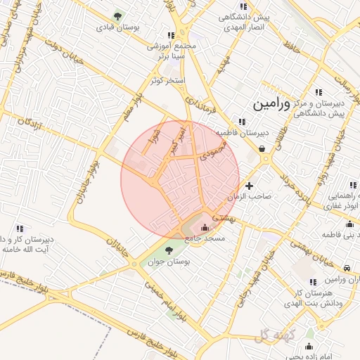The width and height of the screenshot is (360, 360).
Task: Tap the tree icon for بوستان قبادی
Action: (x=117, y=15)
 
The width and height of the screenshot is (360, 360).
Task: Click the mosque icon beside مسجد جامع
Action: (x=205, y=227)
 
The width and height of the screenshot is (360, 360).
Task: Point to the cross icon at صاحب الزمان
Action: (x=249, y=186)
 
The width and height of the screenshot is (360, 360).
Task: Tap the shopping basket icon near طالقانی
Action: (x=262, y=148)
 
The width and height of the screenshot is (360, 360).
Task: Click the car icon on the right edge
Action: (x=348, y=268)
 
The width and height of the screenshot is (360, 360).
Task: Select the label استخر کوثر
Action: (x=168, y=81)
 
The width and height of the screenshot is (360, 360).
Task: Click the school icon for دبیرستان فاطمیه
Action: (x=243, y=121)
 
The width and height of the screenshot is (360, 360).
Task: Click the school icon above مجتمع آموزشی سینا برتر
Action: (x=172, y=34)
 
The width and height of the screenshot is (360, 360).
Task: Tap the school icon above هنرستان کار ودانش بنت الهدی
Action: (x=313, y=282)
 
